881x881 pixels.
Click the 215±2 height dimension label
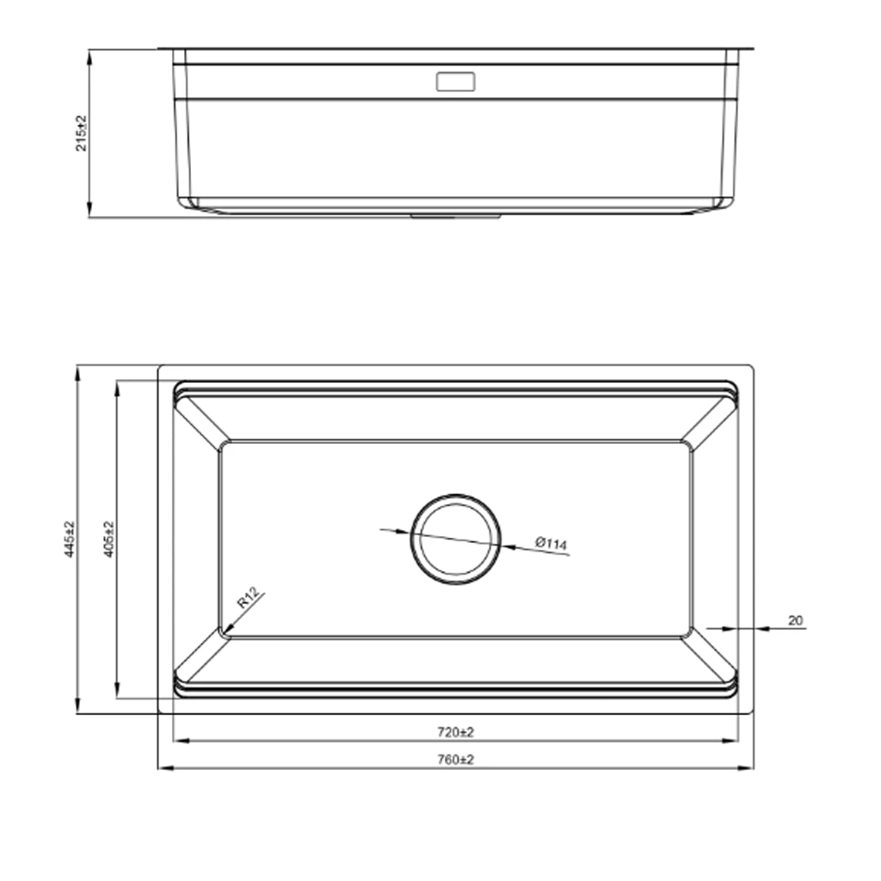pyautogui.click(x=82, y=133)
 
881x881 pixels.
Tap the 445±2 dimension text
pyautogui.click(x=69, y=539)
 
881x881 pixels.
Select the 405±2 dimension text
pyautogui.click(x=109, y=539)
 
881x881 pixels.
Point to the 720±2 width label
pyautogui.click(x=456, y=732)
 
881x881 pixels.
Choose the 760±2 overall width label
pyautogui.click(x=456, y=760)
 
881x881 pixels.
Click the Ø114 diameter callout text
pyautogui.click(x=551, y=544)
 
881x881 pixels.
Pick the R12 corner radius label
pyautogui.click(x=248, y=598)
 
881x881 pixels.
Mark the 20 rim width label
pyautogui.click(x=795, y=620)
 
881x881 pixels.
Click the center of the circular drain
pyautogui.click(x=456, y=539)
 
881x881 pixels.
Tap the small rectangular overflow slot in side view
pyautogui.click(x=456, y=82)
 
